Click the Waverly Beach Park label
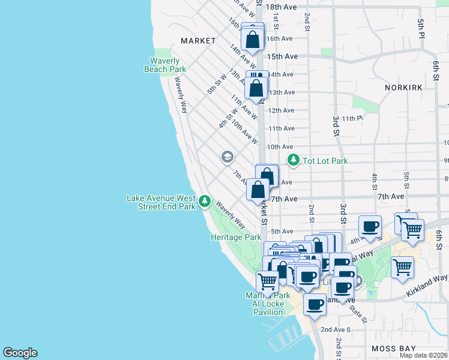click(165, 64)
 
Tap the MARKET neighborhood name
click(198, 41)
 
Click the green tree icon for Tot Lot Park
click(294, 160)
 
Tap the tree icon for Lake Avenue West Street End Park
click(205, 200)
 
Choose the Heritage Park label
click(236, 237)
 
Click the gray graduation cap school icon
click(227, 157)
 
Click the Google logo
click(20, 353)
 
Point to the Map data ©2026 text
click(423, 355)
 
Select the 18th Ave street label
click(282, 7)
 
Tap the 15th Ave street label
click(283, 56)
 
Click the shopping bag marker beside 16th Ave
click(253, 39)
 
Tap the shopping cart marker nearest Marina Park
click(267, 280)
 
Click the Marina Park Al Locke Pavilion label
click(268, 304)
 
